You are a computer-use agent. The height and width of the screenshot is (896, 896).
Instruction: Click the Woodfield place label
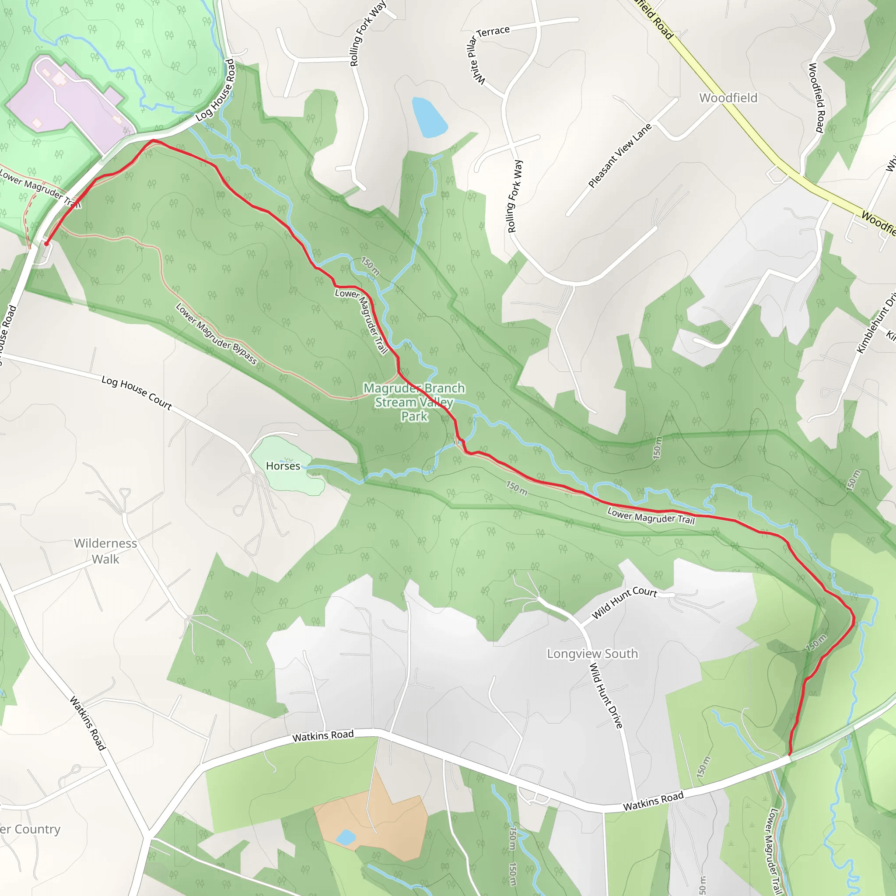point(728,98)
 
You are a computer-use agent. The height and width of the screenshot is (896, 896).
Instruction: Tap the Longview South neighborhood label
point(592,654)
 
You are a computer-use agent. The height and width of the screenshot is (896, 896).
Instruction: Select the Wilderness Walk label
point(105,551)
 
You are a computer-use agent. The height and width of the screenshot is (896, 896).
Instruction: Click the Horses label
point(283,465)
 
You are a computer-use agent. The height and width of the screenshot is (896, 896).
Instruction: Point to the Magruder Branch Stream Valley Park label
point(414,402)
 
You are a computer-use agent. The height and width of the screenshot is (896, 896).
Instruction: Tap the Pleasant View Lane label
point(620,155)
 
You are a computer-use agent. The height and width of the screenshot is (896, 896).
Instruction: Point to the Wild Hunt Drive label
point(605,696)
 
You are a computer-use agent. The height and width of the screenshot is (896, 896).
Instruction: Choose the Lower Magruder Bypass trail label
point(216,334)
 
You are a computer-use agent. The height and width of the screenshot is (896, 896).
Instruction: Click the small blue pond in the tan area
point(346,837)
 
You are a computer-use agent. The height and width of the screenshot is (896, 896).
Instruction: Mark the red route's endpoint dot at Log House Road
point(46,244)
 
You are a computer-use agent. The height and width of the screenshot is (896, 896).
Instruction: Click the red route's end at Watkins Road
point(790,754)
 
